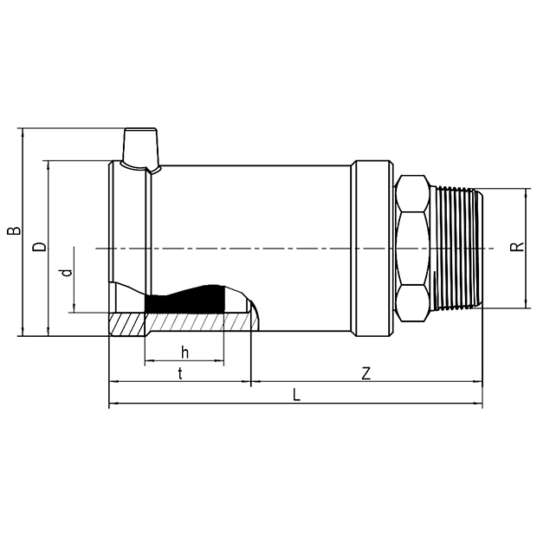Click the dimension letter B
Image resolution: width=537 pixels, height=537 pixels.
14,231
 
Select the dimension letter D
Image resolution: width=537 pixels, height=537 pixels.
39,247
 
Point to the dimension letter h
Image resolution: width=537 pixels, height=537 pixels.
184,352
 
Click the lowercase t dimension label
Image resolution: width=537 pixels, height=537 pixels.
180,373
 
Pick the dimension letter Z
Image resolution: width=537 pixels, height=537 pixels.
366,373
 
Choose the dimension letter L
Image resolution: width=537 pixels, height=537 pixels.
296,395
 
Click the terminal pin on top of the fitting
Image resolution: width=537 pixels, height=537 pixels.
141,148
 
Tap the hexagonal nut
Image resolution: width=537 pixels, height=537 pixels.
412,249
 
